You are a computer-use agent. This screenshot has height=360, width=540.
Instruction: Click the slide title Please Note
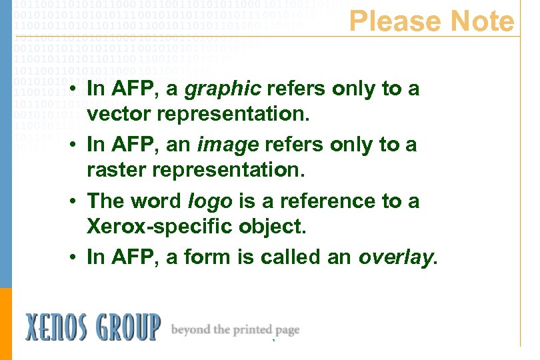[431, 21]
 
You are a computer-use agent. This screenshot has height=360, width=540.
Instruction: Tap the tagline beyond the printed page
[235, 329]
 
